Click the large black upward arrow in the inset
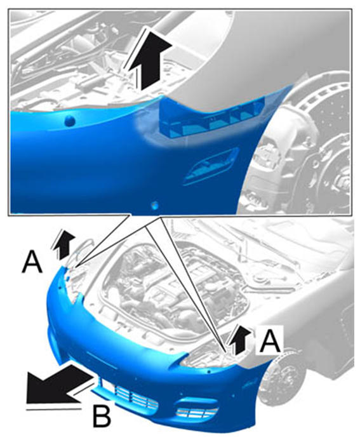pyautogui.click(x=152, y=59)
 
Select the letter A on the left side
pyautogui.click(x=32, y=262)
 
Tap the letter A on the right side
pyautogui.click(x=270, y=341)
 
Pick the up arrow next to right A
pyautogui.click(x=239, y=340)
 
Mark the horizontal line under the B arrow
pyautogui.click(x=54, y=410)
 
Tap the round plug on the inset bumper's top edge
pyautogui.click(x=69, y=121)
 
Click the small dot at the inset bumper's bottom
pyautogui.click(x=155, y=206)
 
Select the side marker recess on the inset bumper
pyautogui.click(x=210, y=166)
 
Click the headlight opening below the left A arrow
pyautogui.click(x=74, y=283)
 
